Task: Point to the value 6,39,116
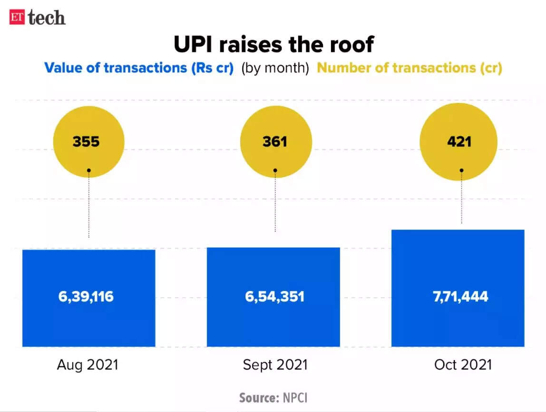coord(87,297)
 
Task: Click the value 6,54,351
coord(274,297)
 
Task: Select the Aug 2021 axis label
coord(88,365)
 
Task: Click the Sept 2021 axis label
coord(275,365)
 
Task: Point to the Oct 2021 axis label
coord(462,365)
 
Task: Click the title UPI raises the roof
coord(273,44)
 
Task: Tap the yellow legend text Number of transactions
coord(409,68)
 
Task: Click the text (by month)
coord(275,68)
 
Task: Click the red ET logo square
coord(17,17)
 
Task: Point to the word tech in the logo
coord(46,18)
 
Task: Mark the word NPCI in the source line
coord(296,398)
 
